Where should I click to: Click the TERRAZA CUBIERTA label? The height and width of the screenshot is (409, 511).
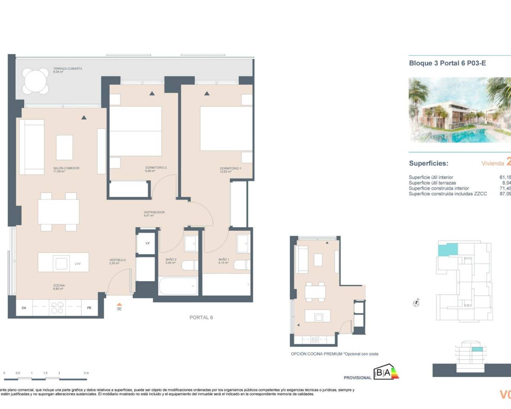pyautogui.click(x=67, y=69)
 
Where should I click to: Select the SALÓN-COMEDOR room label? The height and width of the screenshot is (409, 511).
pyautogui.click(x=66, y=168)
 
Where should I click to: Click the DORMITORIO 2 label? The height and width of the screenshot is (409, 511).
pyautogui.click(x=156, y=168)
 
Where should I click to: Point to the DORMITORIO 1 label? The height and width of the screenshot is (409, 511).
pyautogui.click(x=230, y=169)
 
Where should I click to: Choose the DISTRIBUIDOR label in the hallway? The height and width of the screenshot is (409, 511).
pyautogui.click(x=154, y=212)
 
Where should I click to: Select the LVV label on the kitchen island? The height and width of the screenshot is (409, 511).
pyautogui.click(x=77, y=264)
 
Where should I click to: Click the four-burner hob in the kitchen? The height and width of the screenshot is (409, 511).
pyautogui.click(x=57, y=308)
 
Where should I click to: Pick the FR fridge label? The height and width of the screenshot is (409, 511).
pyautogui.click(x=89, y=308)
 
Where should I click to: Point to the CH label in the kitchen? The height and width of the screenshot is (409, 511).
pyautogui.click(x=24, y=308)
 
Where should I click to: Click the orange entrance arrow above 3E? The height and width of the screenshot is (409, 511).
pyautogui.click(x=119, y=304)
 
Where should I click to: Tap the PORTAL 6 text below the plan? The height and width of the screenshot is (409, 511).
pyautogui.click(x=201, y=318)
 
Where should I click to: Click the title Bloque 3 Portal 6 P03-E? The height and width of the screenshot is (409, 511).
pyautogui.click(x=447, y=63)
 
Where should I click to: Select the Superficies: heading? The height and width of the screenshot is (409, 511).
pyautogui.click(x=428, y=163)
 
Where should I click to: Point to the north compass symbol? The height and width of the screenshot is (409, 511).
pyautogui.click(x=416, y=303)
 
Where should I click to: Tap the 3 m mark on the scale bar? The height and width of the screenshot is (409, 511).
pyautogui.click(x=86, y=373)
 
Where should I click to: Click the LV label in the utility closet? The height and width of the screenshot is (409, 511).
pyautogui.click(x=147, y=243)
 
